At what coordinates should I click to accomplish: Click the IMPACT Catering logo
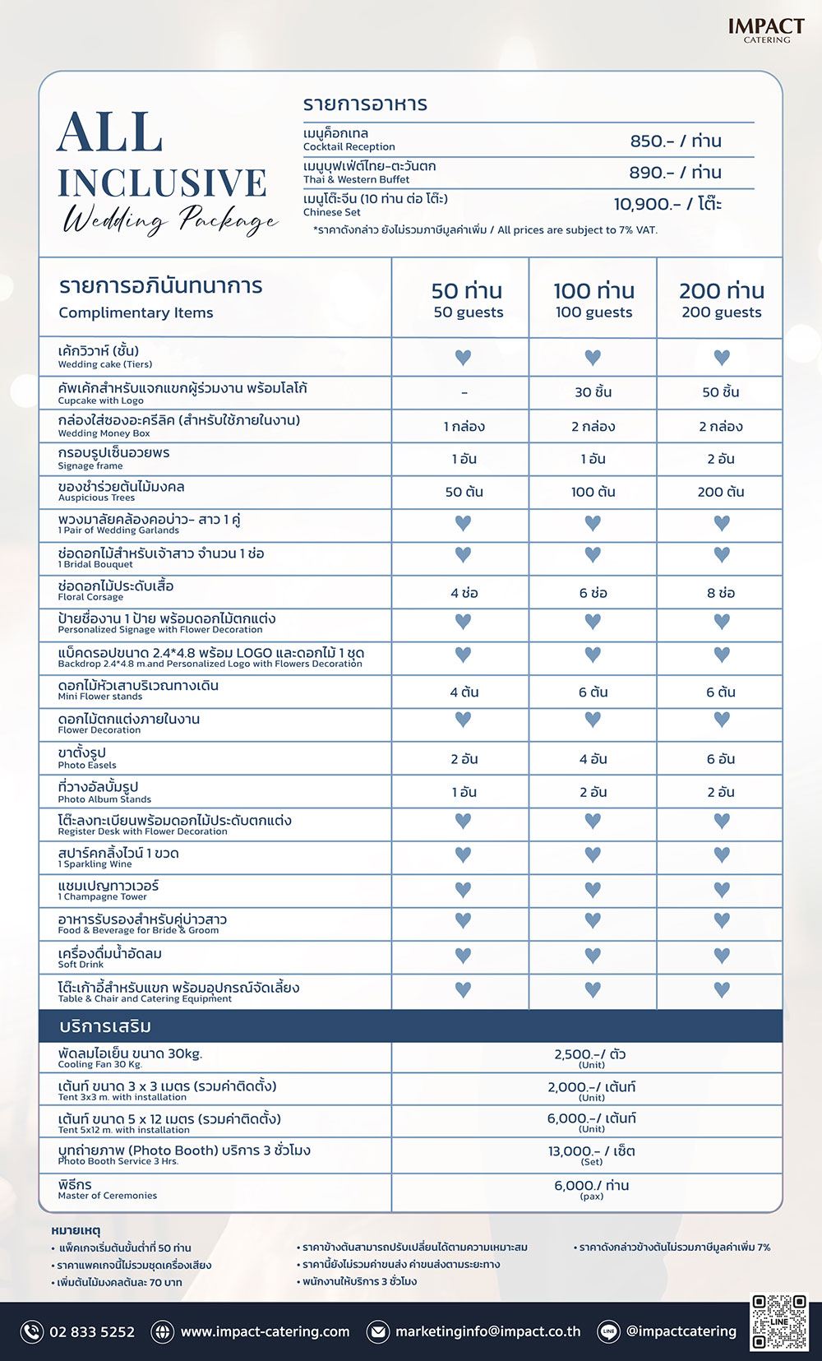[x=766, y=30]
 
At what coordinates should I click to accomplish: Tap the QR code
[x=779, y=1322]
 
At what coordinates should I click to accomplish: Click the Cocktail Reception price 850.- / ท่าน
[x=676, y=141]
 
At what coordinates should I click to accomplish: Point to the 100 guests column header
[x=593, y=299]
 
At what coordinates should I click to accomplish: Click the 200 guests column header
[x=721, y=299]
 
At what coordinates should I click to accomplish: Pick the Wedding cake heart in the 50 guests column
[x=464, y=358]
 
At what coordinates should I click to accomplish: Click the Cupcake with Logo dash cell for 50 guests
[x=464, y=392]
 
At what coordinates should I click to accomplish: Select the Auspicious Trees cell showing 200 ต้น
[x=721, y=492]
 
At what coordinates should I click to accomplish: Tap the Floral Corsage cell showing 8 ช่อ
[x=721, y=593]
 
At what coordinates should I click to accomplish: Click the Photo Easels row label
[x=86, y=757]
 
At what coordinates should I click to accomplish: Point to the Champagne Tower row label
[x=108, y=890]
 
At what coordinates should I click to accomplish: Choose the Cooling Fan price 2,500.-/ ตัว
[x=590, y=1056]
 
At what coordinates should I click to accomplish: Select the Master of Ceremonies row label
[x=107, y=1189]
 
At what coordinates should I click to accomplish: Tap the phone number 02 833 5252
[x=92, y=1331]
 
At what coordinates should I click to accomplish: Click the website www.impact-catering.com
[x=265, y=1331]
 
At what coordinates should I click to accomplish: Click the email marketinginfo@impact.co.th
[x=487, y=1331]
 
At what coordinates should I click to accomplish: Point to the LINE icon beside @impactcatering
[x=609, y=1331]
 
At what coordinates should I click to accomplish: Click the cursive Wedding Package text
[x=171, y=220]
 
